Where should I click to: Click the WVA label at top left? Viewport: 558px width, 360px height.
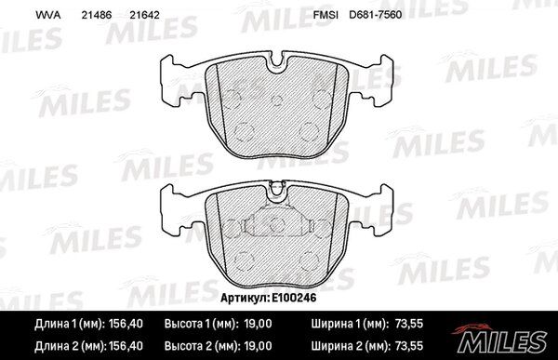point(47,15)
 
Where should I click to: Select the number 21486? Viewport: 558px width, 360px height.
point(97,15)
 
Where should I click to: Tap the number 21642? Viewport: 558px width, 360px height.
point(144,15)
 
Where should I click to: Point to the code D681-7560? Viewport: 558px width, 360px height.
point(375,15)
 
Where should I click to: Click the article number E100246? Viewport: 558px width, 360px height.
point(294,298)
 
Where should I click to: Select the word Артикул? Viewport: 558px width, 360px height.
point(245,298)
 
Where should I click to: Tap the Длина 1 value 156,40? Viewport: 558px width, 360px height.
point(126,324)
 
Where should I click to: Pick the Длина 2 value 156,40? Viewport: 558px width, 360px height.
point(126,346)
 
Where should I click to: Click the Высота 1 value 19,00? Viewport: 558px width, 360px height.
point(258,324)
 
